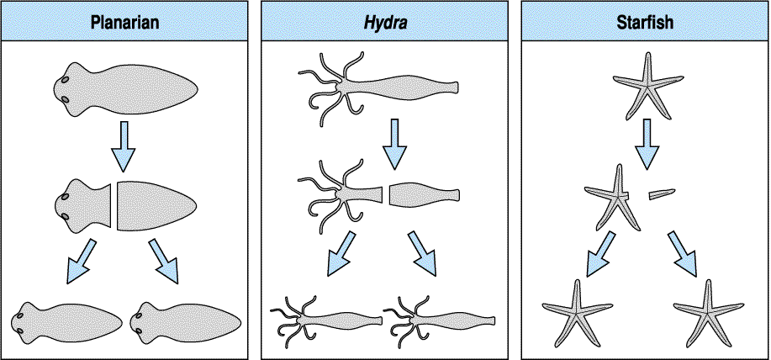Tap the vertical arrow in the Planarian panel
point(124,145)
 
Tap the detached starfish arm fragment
point(663,194)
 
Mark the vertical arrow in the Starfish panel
point(647,144)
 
